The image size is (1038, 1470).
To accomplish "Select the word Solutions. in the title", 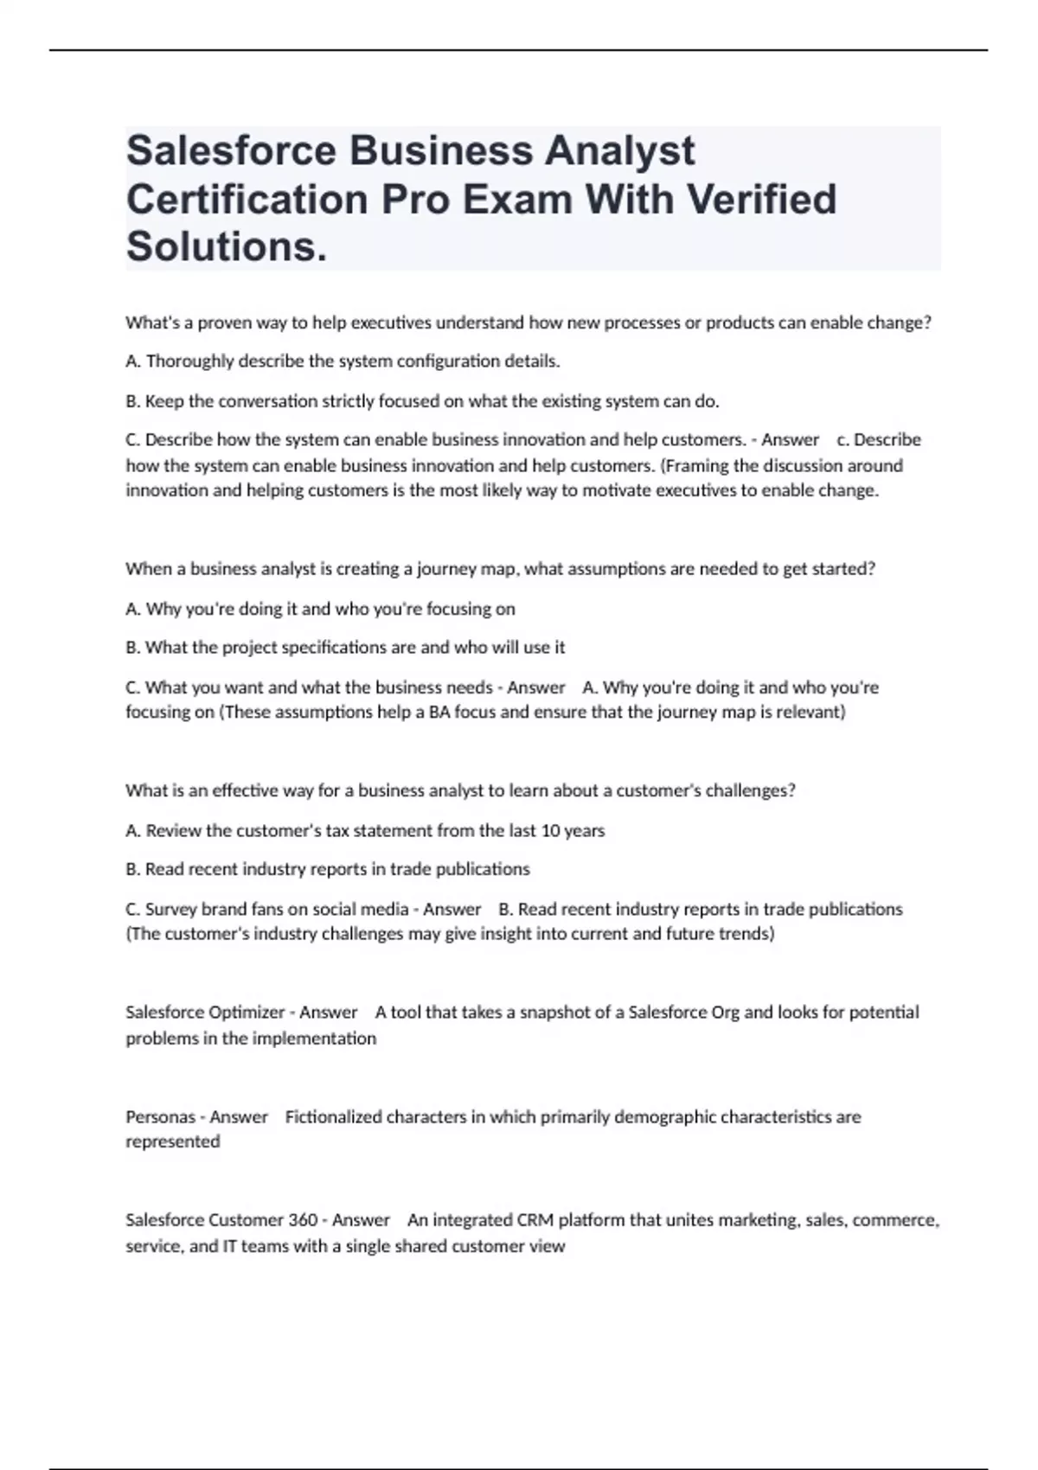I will tap(227, 246).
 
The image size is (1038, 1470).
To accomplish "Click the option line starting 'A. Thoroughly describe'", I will tap(343, 361).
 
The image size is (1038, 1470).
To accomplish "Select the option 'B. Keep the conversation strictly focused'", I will tap(422, 401).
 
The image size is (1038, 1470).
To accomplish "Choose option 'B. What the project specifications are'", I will tap(345, 648).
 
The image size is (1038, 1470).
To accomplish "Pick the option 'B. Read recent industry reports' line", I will tap(328, 869).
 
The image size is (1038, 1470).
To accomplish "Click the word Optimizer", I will tap(247, 1013).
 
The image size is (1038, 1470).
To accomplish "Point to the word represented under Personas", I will tap(173, 1141).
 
